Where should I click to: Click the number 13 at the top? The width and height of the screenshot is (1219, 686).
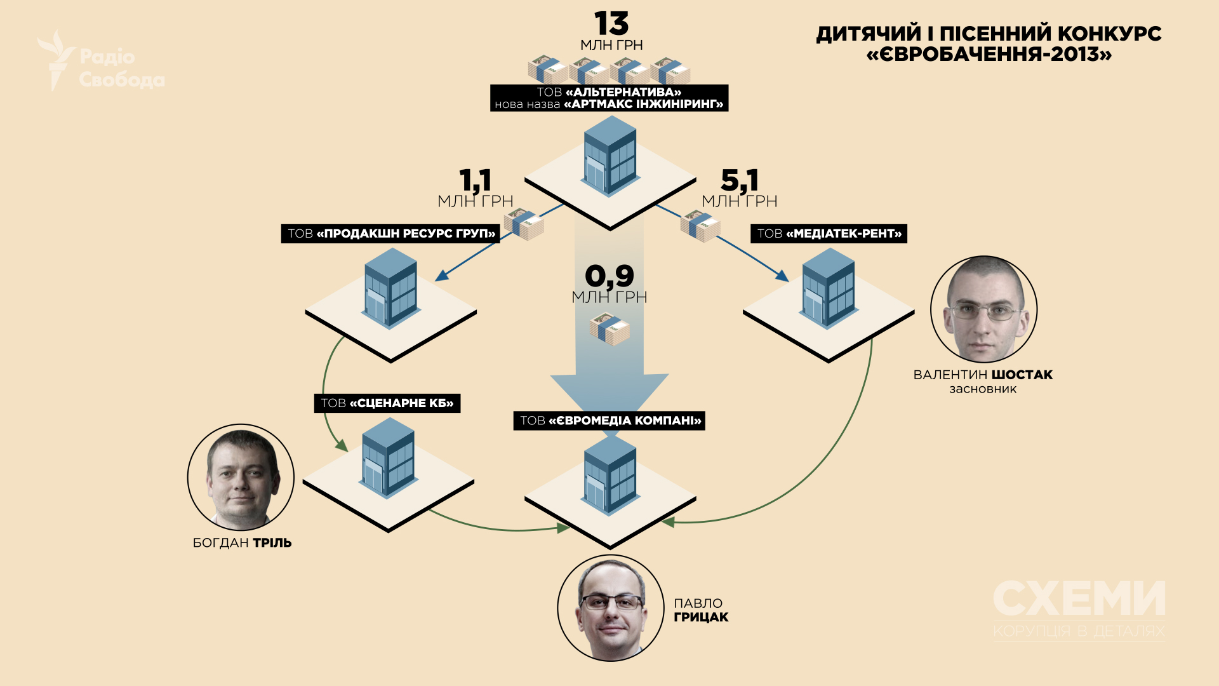pos(611,24)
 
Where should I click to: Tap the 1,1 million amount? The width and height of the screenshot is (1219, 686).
pos(476,180)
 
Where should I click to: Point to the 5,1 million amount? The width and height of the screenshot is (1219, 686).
pos(740,180)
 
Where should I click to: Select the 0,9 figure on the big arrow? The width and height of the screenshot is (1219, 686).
pos(609,276)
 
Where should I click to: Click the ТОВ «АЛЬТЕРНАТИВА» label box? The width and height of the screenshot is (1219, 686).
pos(609,98)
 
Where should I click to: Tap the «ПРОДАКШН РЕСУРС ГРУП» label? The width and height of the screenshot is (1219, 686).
pos(390,234)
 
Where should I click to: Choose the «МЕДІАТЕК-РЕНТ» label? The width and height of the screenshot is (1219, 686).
pos(829,234)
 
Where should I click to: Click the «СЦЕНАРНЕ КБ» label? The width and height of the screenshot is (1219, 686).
pos(387,403)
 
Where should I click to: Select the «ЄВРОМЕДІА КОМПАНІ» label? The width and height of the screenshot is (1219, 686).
pos(609,420)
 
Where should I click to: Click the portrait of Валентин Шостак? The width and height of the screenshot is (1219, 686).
pos(983,309)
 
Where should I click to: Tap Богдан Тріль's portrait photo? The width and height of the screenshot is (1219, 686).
pos(241,478)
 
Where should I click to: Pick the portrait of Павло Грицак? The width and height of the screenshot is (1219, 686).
pos(611,608)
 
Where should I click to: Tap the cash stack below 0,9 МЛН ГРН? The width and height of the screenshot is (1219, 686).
pos(609,331)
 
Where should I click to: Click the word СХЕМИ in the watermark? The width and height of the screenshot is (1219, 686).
pos(1079,598)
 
